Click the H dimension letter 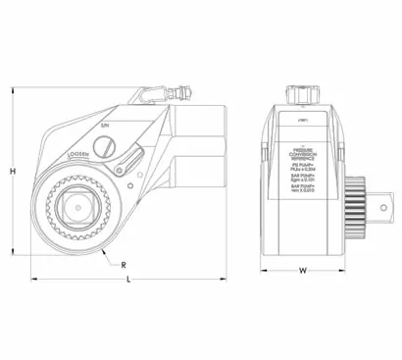(12, 172)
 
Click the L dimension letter (131, 282)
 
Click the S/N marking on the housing (106, 128)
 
